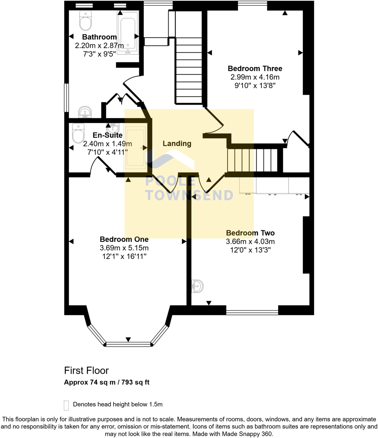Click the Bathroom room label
pos(99,37)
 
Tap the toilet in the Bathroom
pos(85,21)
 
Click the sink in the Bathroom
pos(85,112)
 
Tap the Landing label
pos(177,144)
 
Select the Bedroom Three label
pos(255,69)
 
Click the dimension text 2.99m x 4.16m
pos(255,77)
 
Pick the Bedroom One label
pos(124,239)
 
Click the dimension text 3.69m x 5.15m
pos(124,248)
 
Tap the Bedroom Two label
pos(250,233)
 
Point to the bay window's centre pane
pos(128,344)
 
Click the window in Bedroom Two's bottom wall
pos(252,312)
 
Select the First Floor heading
pos(86,371)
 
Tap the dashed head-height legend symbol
pos(66,405)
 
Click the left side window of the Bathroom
pos(66,98)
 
